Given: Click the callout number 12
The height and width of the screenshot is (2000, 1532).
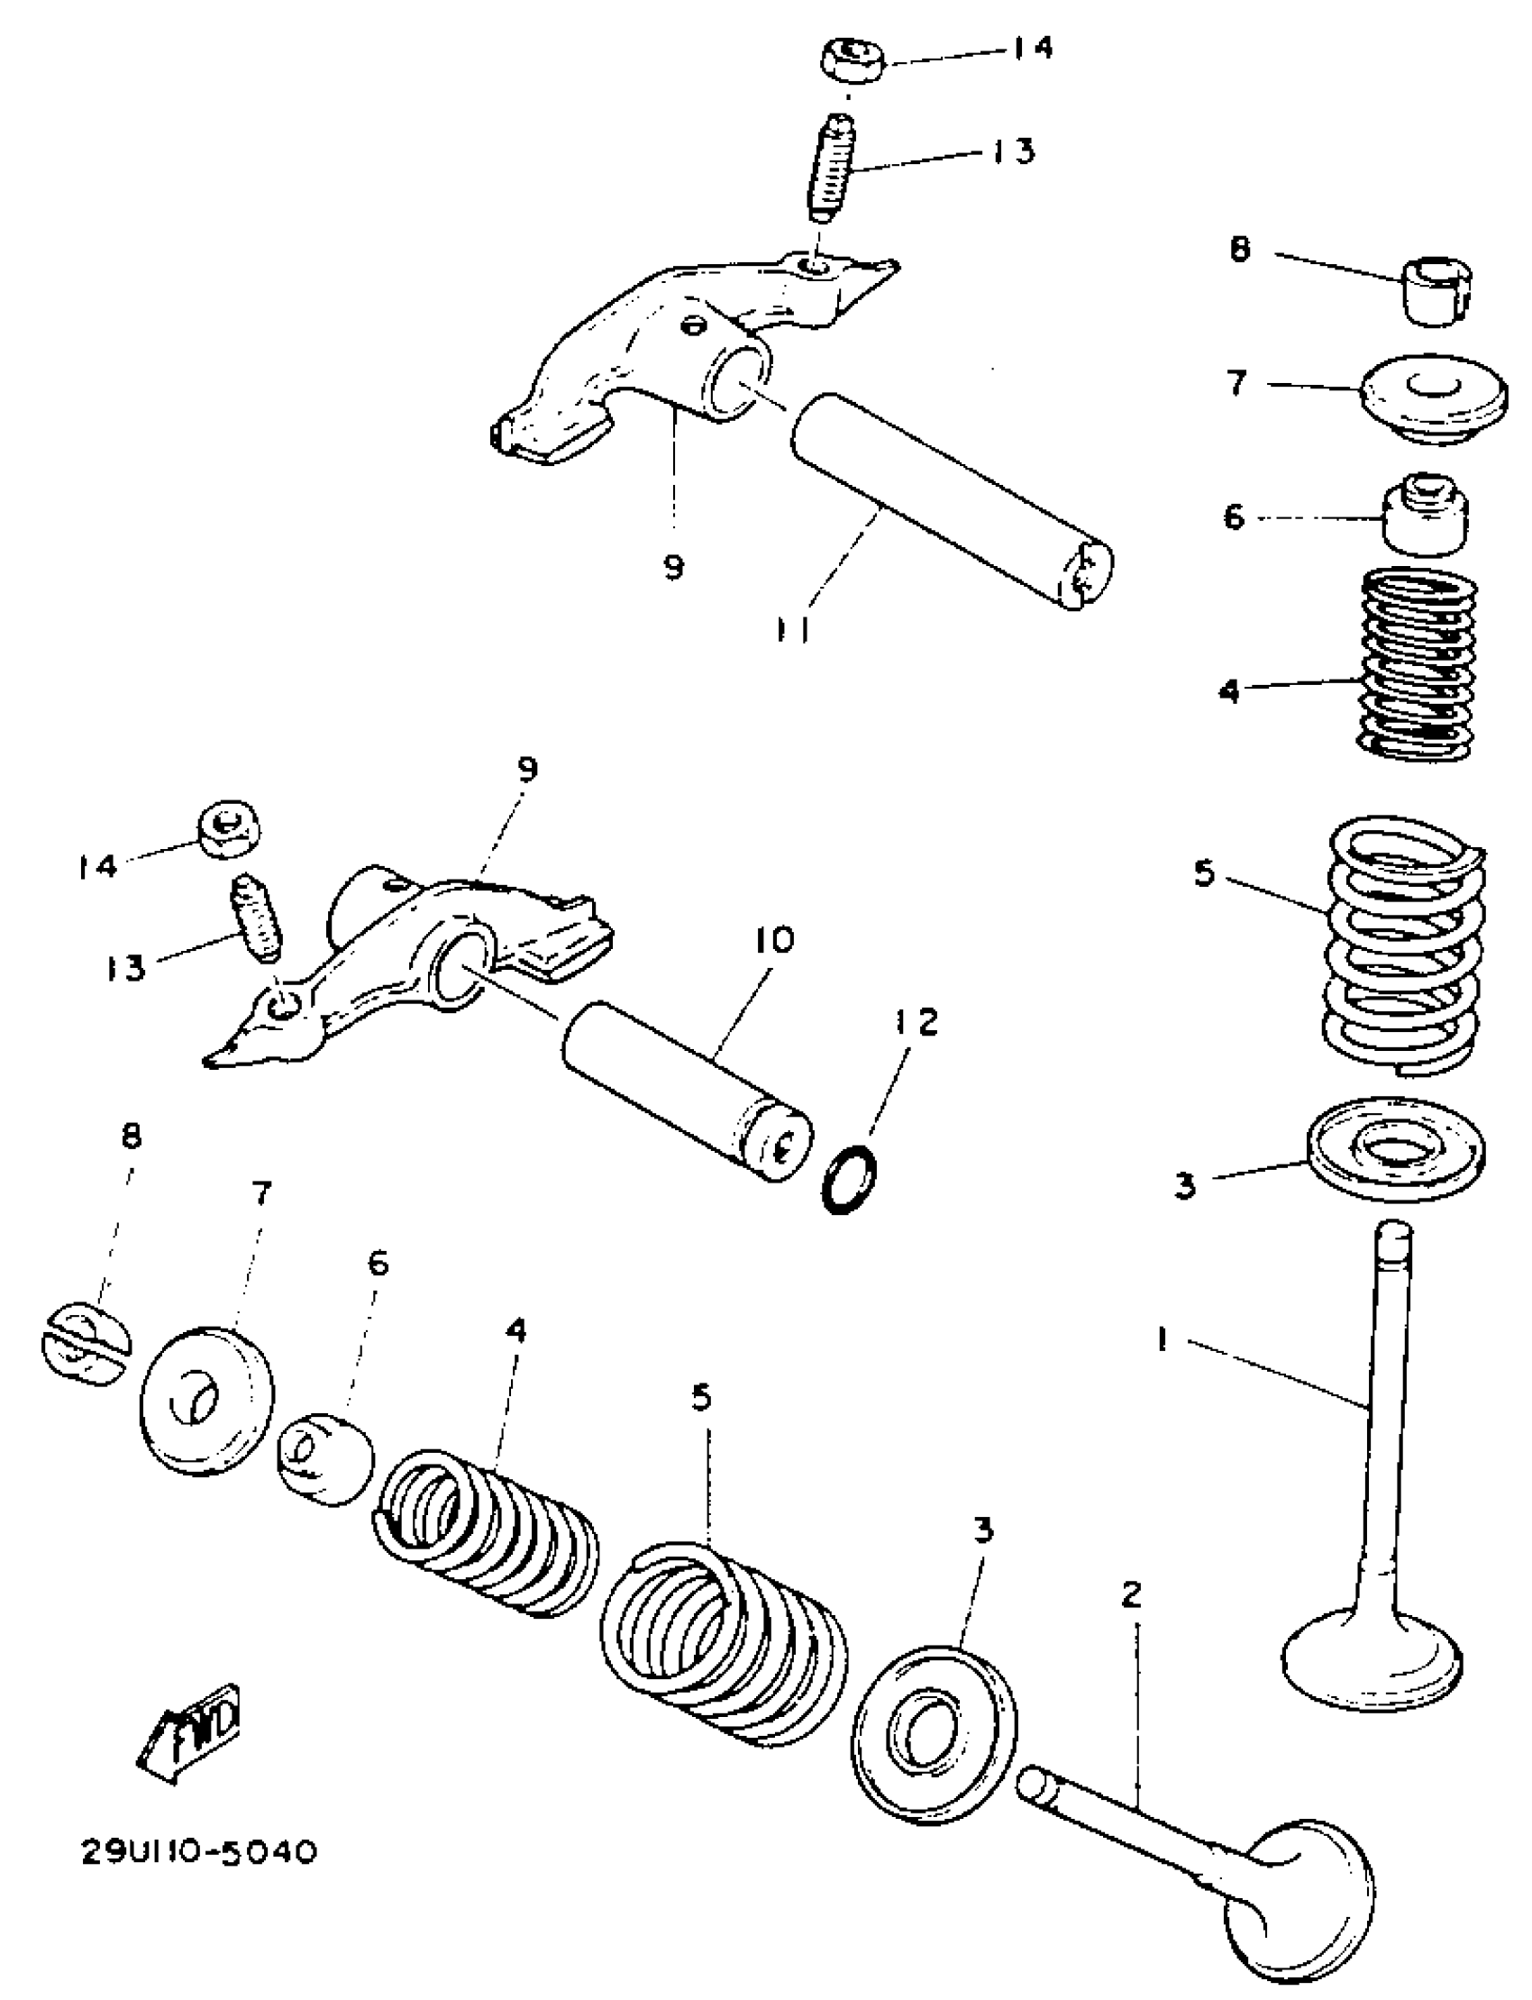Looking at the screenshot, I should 916,1021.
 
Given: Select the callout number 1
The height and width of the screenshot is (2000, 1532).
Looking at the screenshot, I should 1162,1339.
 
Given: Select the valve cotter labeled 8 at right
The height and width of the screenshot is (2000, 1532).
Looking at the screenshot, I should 1437,290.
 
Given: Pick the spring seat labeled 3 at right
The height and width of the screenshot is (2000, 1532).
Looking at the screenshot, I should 1394,1146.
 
